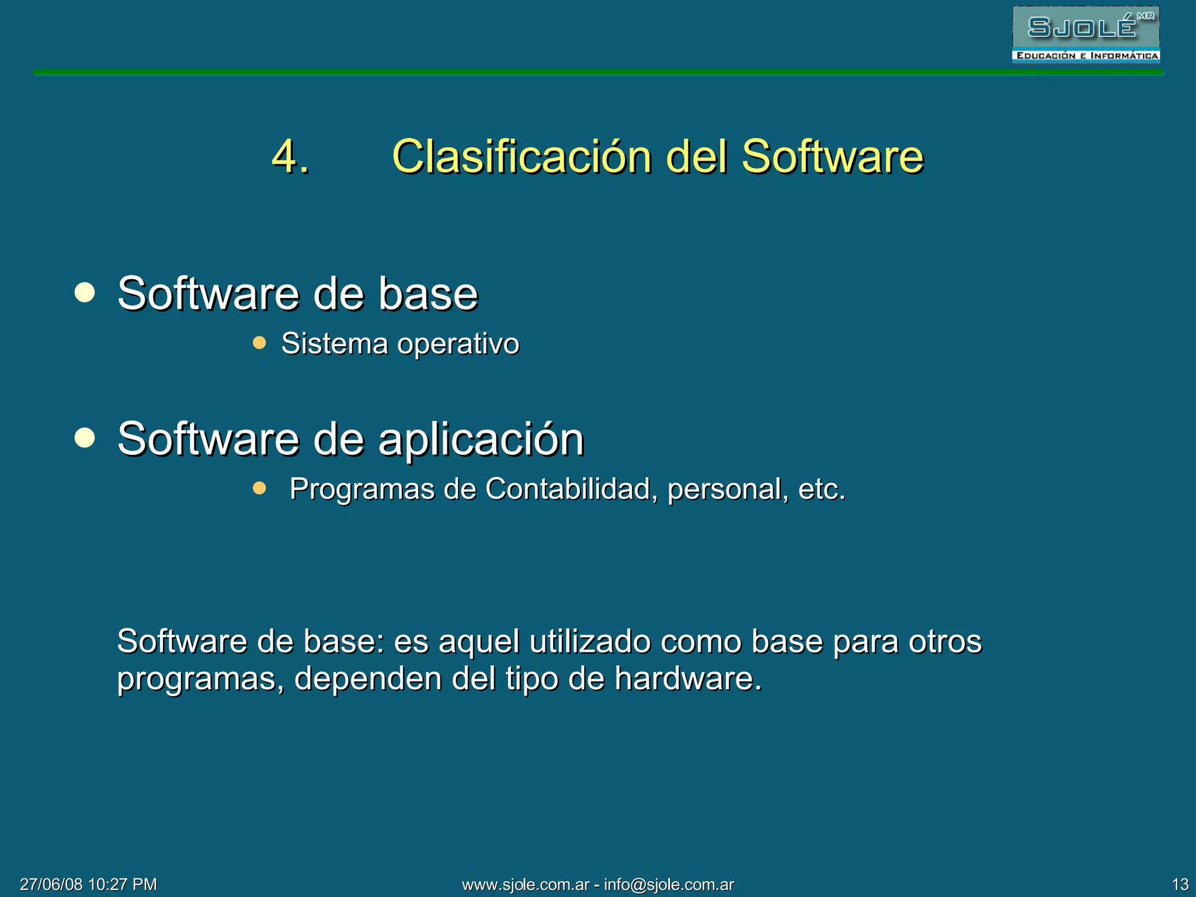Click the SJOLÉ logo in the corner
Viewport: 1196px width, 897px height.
(x=1086, y=34)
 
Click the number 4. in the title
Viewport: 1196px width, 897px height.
(x=290, y=157)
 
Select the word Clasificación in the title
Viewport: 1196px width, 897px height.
(x=521, y=157)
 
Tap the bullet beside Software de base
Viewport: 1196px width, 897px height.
(x=85, y=292)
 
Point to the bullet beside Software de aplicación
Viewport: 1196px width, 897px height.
(x=85, y=438)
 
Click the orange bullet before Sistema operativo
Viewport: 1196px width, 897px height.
(x=259, y=342)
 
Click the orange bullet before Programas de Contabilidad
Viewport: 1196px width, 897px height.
(x=259, y=488)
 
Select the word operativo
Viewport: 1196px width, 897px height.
(x=458, y=344)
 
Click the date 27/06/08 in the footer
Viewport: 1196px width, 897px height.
(x=51, y=884)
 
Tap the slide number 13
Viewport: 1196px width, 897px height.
(x=1180, y=884)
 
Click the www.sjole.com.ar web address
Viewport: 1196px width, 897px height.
(x=526, y=885)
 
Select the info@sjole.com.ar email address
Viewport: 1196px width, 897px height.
(x=669, y=885)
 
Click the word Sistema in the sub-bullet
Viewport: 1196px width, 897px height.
(x=335, y=343)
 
